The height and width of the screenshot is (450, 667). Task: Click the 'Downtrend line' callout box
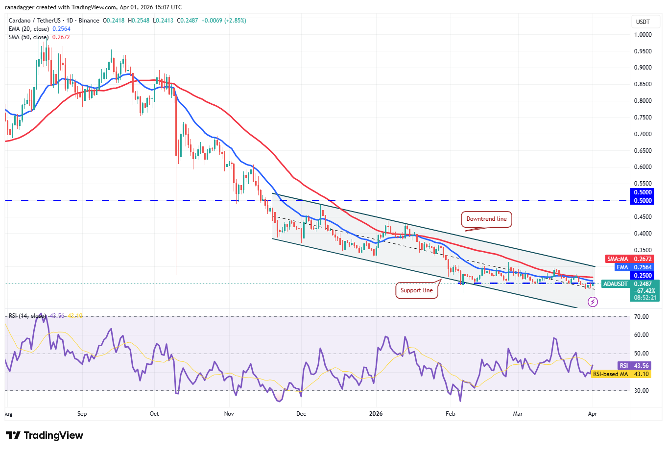[x=486, y=219]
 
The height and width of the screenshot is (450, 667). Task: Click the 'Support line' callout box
[x=416, y=290]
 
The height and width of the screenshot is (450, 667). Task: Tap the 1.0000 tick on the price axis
[x=643, y=35]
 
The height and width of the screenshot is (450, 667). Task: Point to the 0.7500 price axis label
[x=643, y=118]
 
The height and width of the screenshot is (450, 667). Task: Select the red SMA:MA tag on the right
[x=618, y=259]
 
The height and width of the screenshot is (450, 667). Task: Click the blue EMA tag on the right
[x=622, y=267]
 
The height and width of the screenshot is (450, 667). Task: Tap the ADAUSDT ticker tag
[x=615, y=284]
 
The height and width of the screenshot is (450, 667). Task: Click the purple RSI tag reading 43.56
[x=623, y=366]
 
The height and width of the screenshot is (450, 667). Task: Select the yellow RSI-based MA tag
[x=610, y=374]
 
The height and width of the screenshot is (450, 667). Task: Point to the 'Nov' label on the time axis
[x=229, y=414]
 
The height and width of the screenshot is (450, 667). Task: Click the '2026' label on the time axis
[x=376, y=414]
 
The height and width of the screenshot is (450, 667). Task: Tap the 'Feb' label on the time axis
[x=450, y=414]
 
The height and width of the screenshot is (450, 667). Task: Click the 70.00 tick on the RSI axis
[x=641, y=317]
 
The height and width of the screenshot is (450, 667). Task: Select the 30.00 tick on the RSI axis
[x=641, y=391]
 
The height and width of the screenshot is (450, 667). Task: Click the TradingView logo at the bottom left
[x=45, y=435]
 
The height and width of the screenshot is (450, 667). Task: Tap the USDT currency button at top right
[x=643, y=22]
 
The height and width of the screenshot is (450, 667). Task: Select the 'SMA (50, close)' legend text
[x=28, y=37]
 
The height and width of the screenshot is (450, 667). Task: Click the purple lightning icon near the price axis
[x=593, y=302]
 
